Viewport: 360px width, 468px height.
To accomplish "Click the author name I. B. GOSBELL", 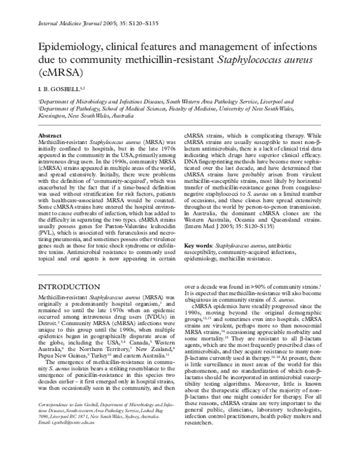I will [x=58, y=88].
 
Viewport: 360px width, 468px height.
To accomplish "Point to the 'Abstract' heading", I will [x=49, y=137].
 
